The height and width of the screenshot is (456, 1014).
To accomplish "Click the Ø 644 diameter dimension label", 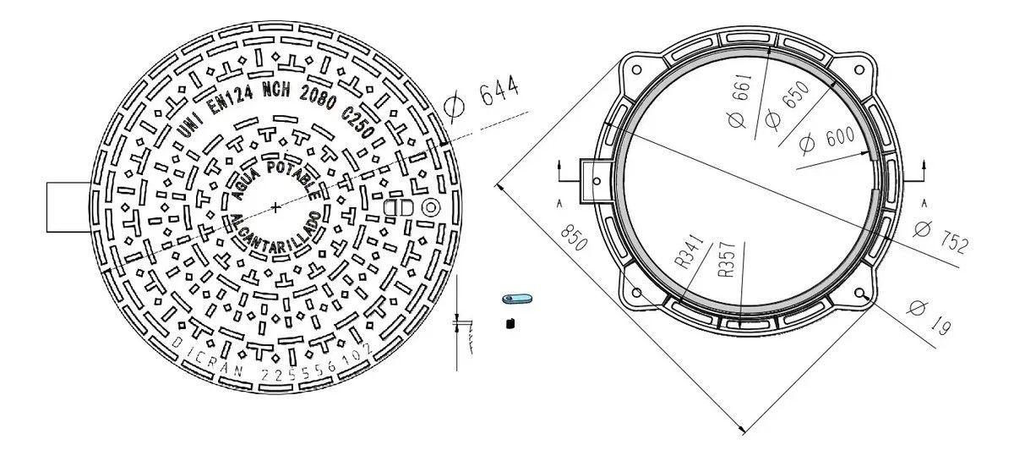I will tap(478, 98).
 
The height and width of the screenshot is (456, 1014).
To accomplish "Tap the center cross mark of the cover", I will tap(277, 207).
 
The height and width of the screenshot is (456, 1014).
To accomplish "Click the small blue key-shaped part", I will tap(516, 298).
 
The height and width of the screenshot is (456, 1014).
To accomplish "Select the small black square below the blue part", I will tap(510, 322).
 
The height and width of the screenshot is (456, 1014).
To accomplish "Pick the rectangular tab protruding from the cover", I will tap(67, 207).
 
